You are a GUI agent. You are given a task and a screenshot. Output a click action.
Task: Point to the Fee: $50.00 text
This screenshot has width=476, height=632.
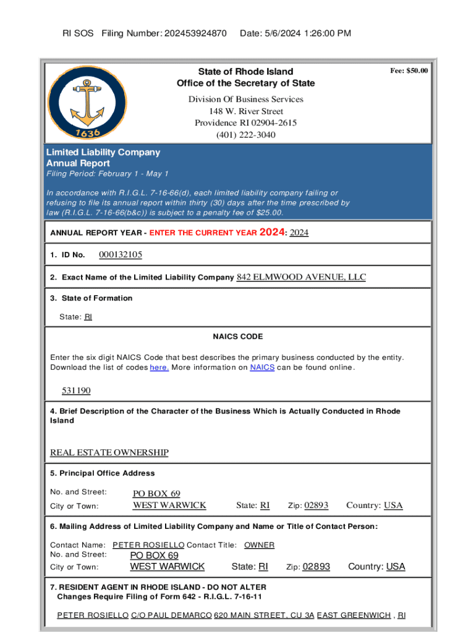[x=409, y=71]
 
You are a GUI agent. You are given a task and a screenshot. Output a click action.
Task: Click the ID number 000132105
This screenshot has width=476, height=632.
[x=121, y=255]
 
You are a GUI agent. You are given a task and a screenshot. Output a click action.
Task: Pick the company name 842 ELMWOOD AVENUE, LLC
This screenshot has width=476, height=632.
[x=301, y=277]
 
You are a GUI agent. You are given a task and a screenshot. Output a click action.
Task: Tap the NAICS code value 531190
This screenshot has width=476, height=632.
[x=76, y=391]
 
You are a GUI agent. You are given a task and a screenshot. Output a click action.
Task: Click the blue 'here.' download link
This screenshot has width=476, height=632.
[x=159, y=368]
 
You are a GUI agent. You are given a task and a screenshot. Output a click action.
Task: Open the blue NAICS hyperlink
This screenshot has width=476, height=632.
[x=262, y=368]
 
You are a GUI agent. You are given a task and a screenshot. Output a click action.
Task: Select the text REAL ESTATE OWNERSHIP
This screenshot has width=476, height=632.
[x=109, y=453]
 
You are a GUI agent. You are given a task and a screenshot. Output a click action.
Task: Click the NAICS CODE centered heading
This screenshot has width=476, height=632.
[x=238, y=336]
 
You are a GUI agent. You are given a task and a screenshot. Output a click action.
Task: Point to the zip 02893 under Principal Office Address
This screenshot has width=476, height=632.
[x=316, y=505]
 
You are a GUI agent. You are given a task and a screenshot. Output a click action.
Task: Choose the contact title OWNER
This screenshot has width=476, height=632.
[x=259, y=545]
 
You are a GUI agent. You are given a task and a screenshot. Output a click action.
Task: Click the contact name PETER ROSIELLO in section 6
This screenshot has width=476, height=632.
[x=148, y=545]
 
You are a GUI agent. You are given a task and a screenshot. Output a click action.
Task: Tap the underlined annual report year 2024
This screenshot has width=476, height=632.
[x=299, y=233]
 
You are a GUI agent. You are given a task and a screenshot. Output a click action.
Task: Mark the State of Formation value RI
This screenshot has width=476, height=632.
[x=88, y=317]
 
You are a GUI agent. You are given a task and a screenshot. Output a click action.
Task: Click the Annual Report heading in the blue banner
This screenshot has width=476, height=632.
[x=78, y=164]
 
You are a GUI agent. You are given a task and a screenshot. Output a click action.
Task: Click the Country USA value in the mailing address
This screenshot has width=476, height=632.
[x=396, y=567]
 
